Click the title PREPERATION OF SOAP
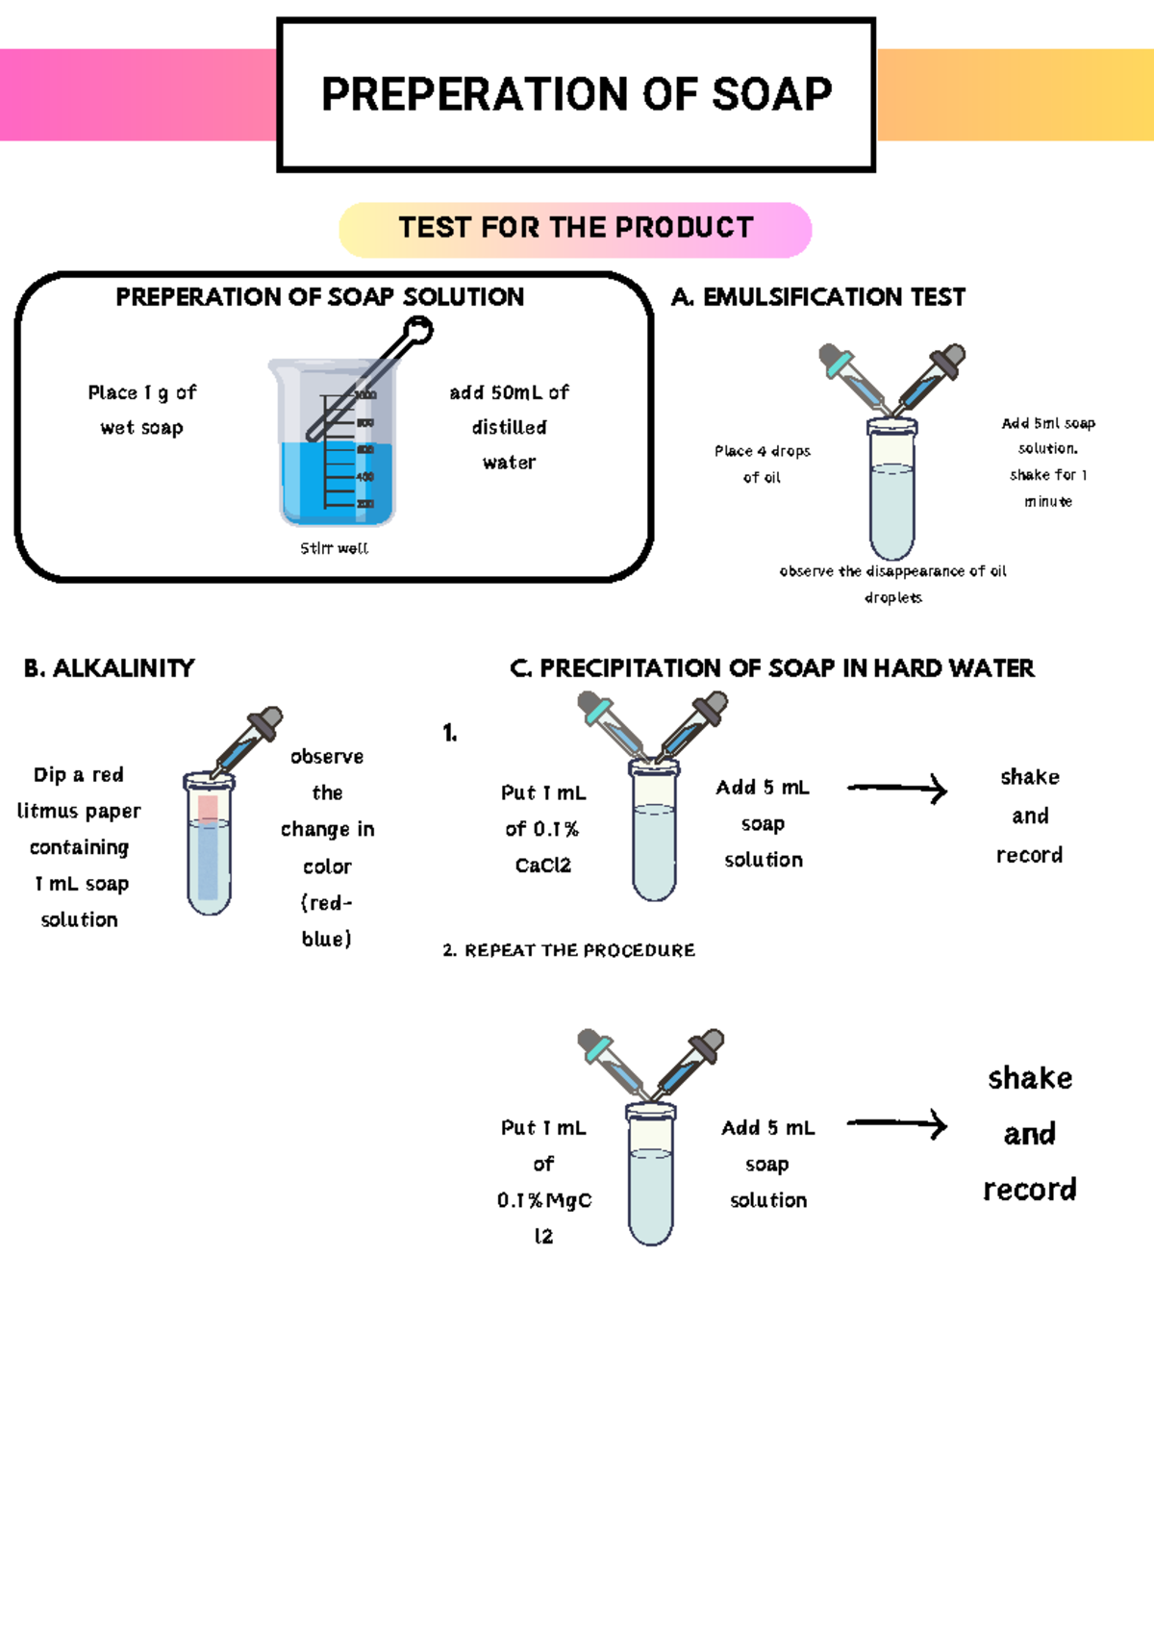[x=576, y=94]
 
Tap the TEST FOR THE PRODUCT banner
[x=575, y=229]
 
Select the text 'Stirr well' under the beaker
[x=334, y=548]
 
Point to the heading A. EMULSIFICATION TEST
[x=818, y=297]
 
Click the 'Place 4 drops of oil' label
[x=762, y=464]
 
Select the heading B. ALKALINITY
[x=109, y=668]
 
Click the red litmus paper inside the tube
[x=208, y=808]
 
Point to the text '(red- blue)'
[x=327, y=920]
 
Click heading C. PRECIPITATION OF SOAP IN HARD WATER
[x=772, y=668]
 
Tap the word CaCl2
[x=543, y=866]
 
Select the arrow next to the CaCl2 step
[x=897, y=790]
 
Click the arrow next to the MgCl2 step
[x=897, y=1123]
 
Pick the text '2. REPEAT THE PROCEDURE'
[x=569, y=950]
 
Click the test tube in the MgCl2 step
[x=651, y=1178]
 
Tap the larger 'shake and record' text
[x=1030, y=1134]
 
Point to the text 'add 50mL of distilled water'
[x=509, y=427]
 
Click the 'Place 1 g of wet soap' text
[x=141, y=410]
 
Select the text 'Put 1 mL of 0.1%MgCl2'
[x=543, y=1181]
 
